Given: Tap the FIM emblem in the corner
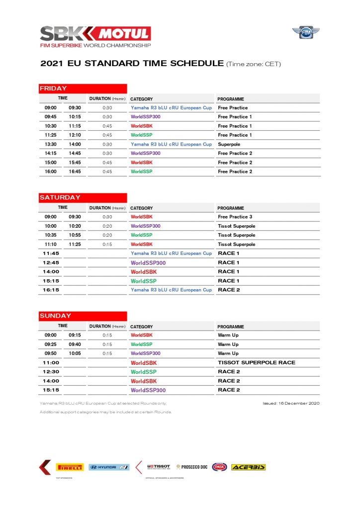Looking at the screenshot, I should click(x=305, y=33).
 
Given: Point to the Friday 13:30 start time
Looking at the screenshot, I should click(x=51, y=144).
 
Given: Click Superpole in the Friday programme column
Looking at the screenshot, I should click(x=229, y=144).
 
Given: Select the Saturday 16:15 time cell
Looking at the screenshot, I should click(x=51, y=290).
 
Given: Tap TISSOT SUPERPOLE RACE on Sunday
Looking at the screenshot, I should click(x=256, y=363).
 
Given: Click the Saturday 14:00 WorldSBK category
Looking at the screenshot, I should click(x=144, y=272).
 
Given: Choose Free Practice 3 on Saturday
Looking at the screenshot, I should click(x=235, y=217).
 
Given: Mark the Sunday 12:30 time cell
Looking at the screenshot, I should click(x=51, y=372).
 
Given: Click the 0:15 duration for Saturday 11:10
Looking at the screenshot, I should click(x=107, y=244).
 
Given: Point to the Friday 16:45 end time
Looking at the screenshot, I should click(x=75, y=171).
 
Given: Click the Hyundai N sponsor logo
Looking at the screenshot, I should click(x=109, y=467).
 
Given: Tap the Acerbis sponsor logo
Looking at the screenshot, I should click(x=248, y=467).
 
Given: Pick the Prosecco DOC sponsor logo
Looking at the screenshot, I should click(x=192, y=467).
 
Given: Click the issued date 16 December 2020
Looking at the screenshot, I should click(x=291, y=403).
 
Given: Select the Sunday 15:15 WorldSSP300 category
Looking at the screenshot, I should click(x=148, y=390).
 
